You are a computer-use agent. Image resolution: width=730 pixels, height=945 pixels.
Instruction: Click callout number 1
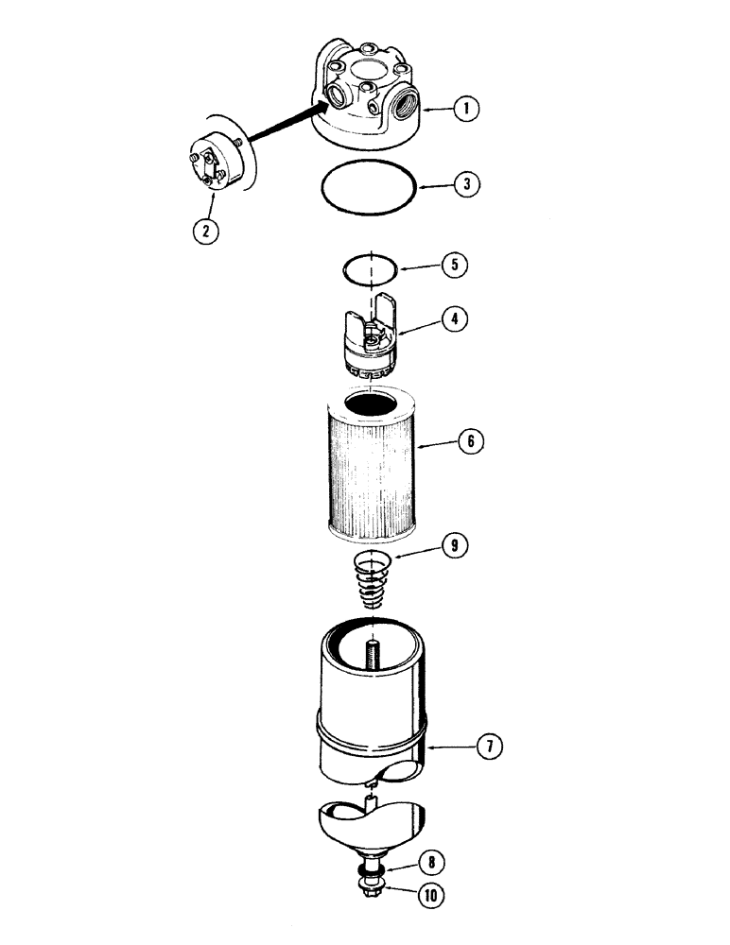464,110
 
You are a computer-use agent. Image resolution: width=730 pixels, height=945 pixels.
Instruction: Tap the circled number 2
206,228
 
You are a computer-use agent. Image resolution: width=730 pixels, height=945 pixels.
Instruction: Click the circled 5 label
454,265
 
